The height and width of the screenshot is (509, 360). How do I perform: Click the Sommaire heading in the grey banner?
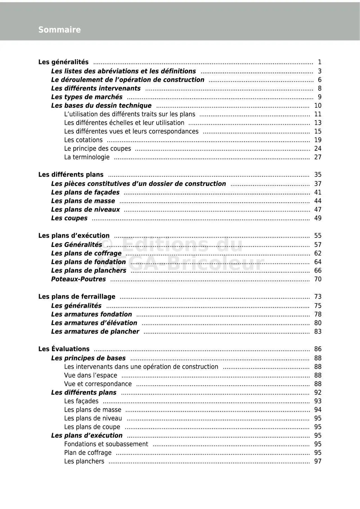click(59, 30)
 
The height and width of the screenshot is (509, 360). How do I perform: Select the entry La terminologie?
click(87, 157)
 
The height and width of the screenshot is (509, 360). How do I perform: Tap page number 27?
click(318, 157)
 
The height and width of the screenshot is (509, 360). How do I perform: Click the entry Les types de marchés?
click(87, 97)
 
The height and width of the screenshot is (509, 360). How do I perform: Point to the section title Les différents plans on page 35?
click(71, 175)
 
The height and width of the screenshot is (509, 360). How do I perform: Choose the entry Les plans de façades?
click(85, 192)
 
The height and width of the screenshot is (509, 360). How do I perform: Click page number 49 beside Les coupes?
click(318, 218)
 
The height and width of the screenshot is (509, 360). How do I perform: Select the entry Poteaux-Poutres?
click(78, 280)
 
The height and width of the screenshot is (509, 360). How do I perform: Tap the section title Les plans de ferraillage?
click(77, 297)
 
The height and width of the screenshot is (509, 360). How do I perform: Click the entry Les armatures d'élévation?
click(94, 323)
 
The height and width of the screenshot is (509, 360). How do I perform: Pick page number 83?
click(318, 332)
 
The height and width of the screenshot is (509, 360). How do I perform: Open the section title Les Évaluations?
click(64, 350)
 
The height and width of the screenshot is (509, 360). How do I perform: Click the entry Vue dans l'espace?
click(91, 376)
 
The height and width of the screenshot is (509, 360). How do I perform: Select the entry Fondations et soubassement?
click(106, 444)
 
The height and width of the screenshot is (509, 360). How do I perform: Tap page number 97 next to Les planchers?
click(318, 462)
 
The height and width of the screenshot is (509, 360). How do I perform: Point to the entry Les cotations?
click(83, 140)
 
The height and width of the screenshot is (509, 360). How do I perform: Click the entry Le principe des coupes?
click(97, 149)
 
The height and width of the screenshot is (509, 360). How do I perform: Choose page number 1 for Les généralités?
click(320, 63)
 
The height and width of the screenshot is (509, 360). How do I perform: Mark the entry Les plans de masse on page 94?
click(93, 410)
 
